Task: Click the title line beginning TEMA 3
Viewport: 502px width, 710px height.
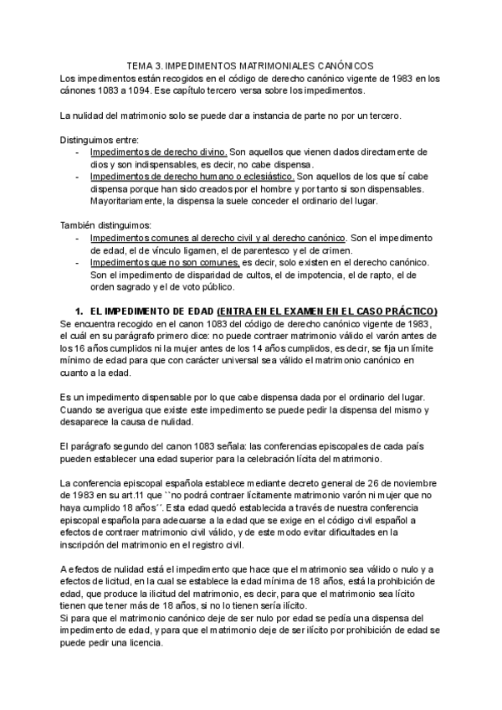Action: click(x=250, y=64)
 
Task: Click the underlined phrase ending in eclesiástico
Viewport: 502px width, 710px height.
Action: click(x=192, y=177)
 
